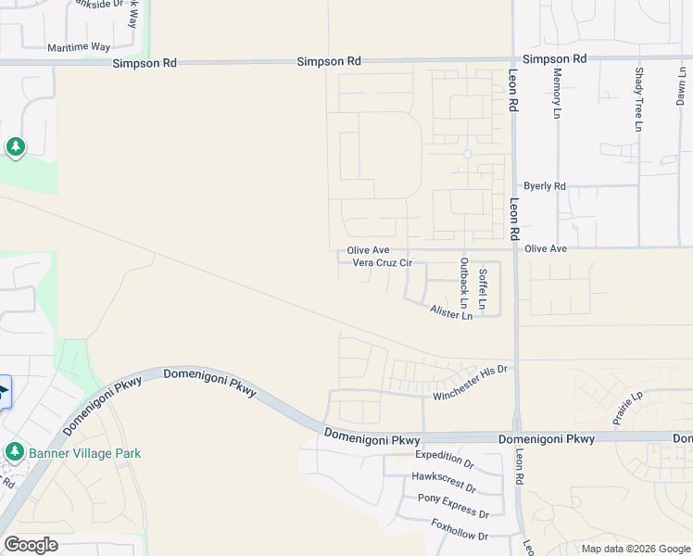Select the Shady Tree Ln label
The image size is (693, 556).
coord(639,98)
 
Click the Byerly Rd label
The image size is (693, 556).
coord(544,186)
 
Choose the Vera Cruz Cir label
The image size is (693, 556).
coord(382,263)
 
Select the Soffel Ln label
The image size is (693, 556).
coord(482,288)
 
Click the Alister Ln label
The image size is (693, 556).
coord(451,314)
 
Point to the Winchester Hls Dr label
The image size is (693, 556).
coord(472,383)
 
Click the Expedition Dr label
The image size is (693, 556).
coord(444,455)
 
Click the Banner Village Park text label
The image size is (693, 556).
coord(84,453)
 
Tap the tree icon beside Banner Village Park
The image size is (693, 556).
coord(14,452)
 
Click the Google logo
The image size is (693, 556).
coord(31,545)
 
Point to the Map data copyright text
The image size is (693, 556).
coord(636,549)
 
